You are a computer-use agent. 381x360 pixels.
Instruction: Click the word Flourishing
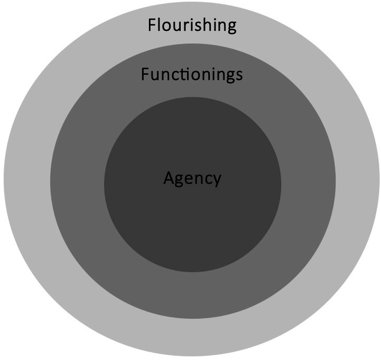[192, 25]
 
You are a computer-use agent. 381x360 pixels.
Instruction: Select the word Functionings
[192, 75]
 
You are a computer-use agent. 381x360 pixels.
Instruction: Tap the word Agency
[192, 179]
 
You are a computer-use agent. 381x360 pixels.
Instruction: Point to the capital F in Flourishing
[152, 24]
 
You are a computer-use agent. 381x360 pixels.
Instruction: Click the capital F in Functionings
[145, 75]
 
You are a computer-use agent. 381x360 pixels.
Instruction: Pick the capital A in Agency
[169, 177]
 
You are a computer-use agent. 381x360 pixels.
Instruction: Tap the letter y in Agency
[217, 181]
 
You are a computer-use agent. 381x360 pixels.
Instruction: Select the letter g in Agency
[180, 181]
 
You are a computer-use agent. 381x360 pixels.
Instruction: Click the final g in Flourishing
[231, 27]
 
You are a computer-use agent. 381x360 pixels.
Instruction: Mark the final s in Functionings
[239, 76]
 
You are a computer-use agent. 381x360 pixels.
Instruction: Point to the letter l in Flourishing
[160, 24]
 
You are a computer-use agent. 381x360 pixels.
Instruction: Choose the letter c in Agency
[208, 179]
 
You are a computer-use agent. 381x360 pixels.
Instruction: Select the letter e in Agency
[190, 179]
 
